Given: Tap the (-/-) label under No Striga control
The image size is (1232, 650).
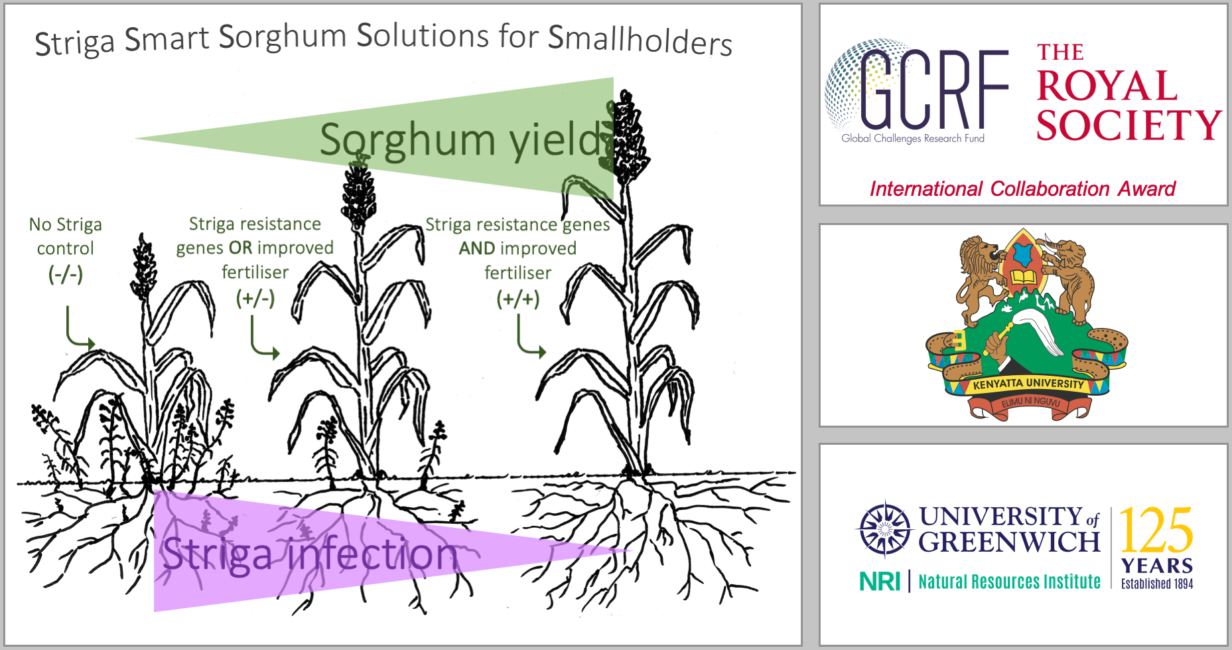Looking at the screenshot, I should tap(66, 274).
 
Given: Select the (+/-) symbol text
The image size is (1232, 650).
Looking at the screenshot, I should tap(255, 298).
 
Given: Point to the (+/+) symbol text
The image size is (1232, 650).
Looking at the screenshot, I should tap(518, 299).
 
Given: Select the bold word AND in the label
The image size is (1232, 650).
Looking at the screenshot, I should tap(477, 248).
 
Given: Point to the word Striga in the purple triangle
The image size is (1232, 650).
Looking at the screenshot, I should tap(217, 554).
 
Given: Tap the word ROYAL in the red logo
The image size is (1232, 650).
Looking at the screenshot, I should tap(1107, 86).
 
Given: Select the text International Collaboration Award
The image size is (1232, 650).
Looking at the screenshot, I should tap(1022, 189).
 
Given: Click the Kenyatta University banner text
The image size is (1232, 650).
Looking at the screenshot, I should tap(1028, 384).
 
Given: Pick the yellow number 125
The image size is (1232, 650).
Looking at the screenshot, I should tap(1156, 531).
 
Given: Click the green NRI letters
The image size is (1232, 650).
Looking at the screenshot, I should tap(880, 582).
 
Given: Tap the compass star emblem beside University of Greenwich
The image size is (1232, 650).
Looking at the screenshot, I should tap(884, 529).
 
